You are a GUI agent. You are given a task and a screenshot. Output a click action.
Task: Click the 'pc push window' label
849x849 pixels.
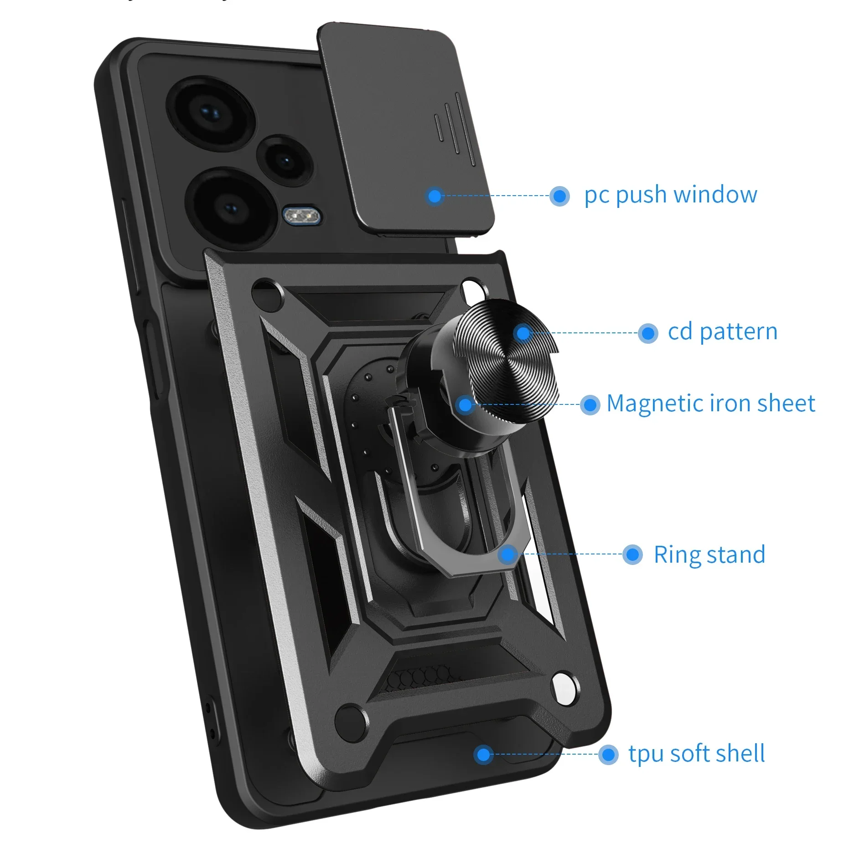tap(671, 195)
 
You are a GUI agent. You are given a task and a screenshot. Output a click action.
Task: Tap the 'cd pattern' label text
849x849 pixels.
tap(722, 332)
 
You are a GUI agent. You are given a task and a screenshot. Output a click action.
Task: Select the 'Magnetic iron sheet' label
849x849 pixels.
tap(710, 404)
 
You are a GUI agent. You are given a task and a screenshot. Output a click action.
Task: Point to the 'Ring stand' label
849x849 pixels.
tap(709, 555)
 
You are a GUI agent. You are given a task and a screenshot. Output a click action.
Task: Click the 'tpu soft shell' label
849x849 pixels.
tap(696, 754)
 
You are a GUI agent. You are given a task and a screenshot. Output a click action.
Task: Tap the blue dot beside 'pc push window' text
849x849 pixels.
tap(559, 196)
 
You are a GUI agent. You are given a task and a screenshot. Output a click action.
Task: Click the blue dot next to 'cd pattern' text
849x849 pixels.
tap(647, 333)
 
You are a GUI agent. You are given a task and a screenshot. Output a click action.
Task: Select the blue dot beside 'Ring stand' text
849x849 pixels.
tap(632, 555)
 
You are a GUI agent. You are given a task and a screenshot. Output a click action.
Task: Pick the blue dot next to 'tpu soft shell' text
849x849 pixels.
tap(608, 755)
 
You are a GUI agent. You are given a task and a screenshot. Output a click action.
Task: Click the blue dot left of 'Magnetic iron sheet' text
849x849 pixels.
tap(590, 404)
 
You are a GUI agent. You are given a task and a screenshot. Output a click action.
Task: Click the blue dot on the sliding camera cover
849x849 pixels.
tap(435, 196)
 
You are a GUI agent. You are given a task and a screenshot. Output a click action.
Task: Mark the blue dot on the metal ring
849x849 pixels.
tap(507, 555)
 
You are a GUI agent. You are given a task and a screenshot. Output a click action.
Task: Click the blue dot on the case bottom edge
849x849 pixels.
tap(483, 755)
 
